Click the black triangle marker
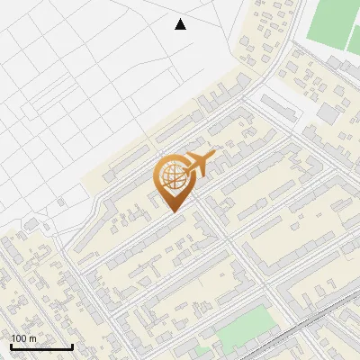coord(181,24)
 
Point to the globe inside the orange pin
coord(172,176)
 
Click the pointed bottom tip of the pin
coord(174,211)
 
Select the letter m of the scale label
coord(32,338)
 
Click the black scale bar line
coord(41,347)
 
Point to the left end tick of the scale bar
coord(11,346)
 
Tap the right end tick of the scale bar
coord(72,346)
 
